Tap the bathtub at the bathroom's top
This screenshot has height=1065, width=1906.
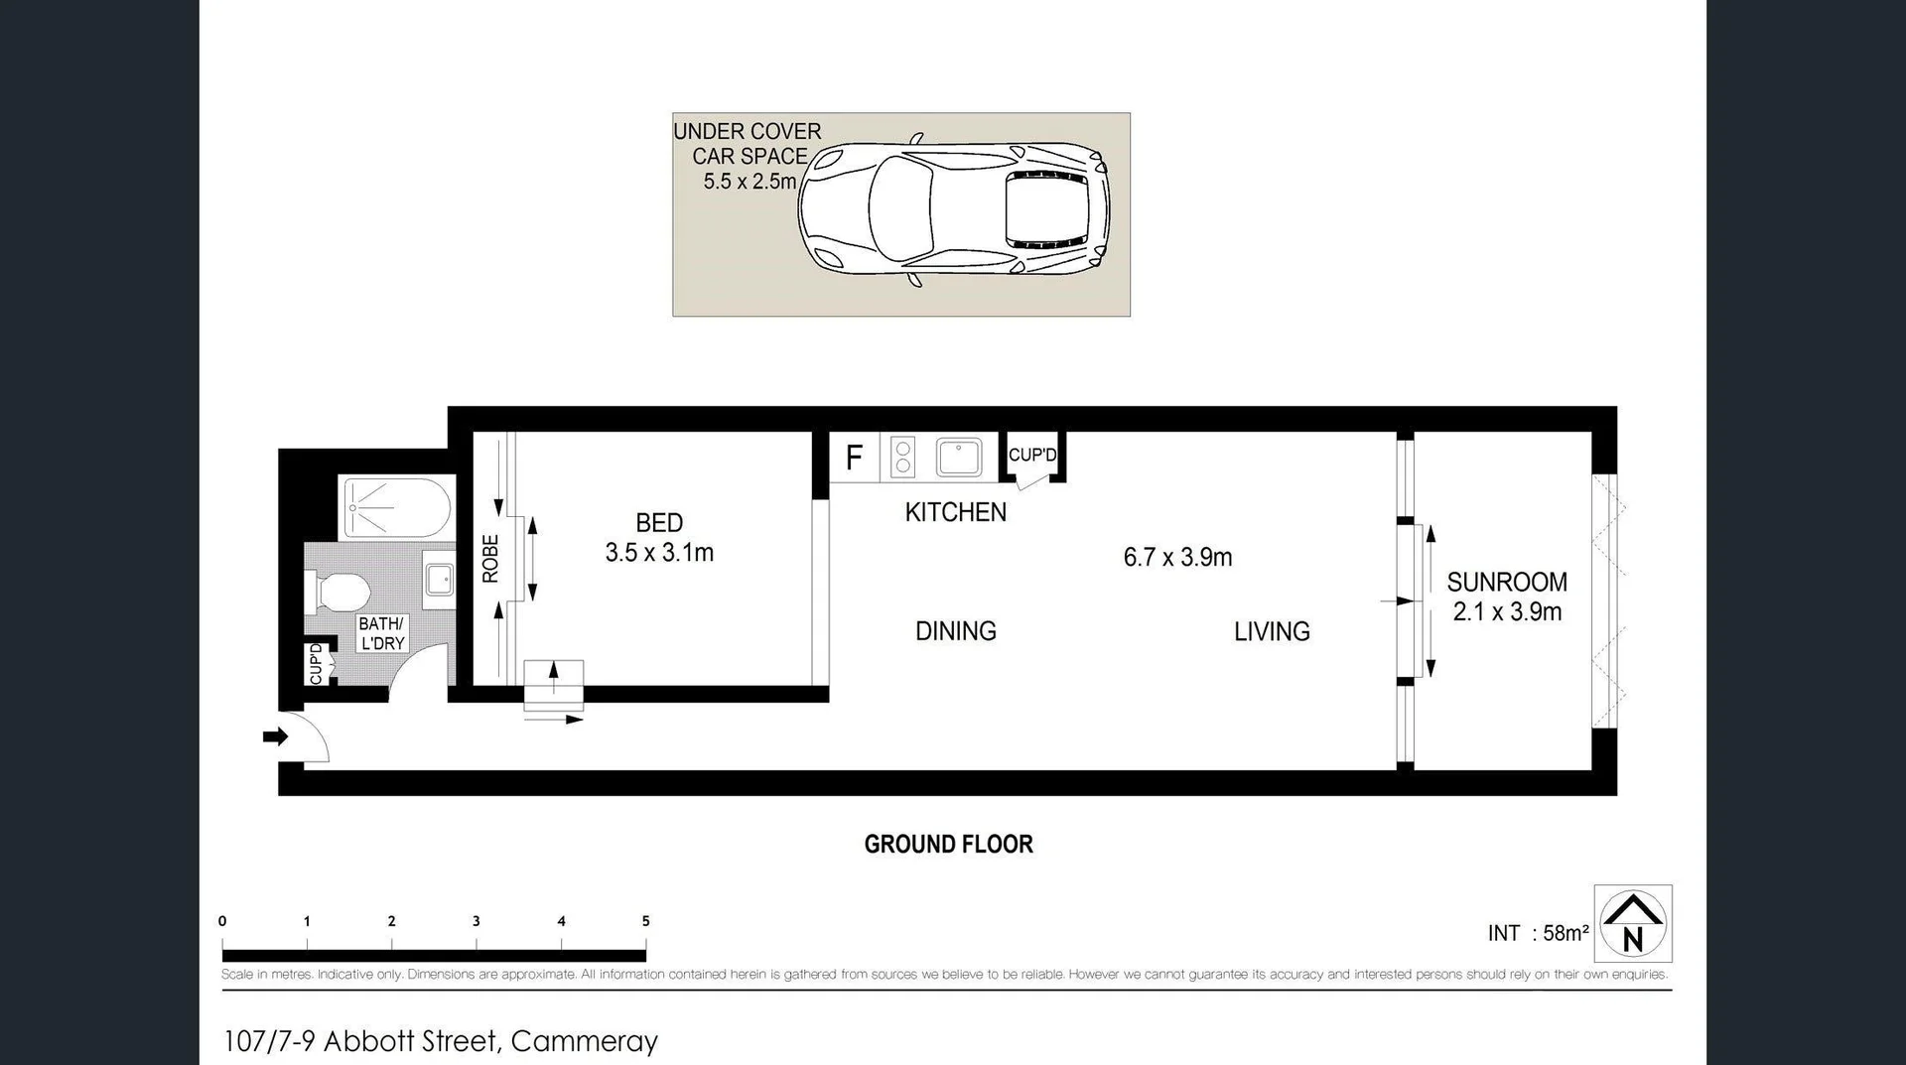(x=396, y=508)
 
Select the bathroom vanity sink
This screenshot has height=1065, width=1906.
(x=440, y=579)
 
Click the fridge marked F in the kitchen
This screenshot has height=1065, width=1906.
(x=854, y=458)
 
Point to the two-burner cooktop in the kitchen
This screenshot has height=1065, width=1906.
(x=902, y=458)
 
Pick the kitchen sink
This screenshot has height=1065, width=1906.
(x=959, y=458)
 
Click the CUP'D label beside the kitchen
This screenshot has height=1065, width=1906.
(x=1032, y=455)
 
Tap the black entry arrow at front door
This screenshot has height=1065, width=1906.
(x=275, y=736)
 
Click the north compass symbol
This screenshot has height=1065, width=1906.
(x=1633, y=923)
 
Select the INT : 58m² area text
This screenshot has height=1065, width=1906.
(x=1538, y=933)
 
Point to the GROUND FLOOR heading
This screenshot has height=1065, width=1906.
(x=948, y=844)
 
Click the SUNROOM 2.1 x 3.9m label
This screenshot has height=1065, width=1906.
(x=1507, y=597)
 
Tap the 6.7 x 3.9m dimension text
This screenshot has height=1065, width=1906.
(x=1177, y=557)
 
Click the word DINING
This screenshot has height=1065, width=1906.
(x=955, y=631)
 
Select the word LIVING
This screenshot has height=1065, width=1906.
(x=1272, y=631)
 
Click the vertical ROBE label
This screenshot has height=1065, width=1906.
(x=489, y=559)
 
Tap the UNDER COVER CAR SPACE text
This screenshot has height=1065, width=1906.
(x=749, y=156)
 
